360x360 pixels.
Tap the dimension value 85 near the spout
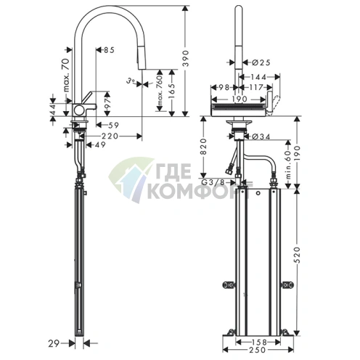[109, 50]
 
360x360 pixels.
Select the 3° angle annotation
[130, 81]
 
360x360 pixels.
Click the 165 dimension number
[173, 92]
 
